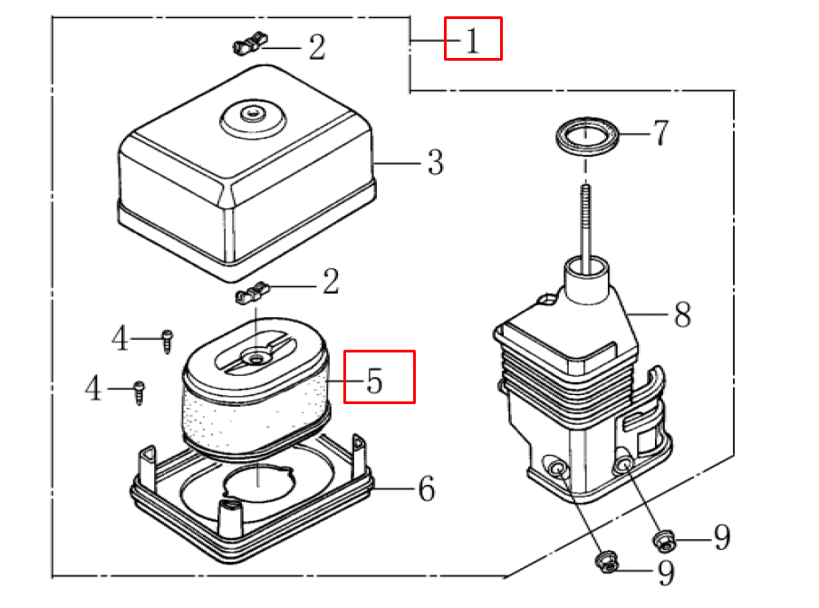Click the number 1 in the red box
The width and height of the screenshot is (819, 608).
tap(472, 41)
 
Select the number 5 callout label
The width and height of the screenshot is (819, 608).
tap(375, 381)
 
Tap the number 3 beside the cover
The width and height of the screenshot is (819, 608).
tap(435, 164)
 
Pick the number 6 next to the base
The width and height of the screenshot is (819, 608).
tap(426, 489)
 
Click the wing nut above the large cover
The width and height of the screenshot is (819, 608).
tap(250, 42)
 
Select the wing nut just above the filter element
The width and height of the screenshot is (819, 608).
tap(254, 294)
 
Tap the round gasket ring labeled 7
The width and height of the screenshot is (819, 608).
tap(588, 137)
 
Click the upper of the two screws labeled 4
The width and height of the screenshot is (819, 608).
tap(168, 340)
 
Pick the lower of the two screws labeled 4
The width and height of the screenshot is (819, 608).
tap(140, 391)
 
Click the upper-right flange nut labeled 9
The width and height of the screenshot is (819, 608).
tap(664, 542)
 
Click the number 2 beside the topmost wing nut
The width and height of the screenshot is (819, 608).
tap(316, 48)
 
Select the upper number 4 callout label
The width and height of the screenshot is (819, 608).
tap(120, 340)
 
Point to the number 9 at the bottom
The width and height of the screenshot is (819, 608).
tap(665, 573)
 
